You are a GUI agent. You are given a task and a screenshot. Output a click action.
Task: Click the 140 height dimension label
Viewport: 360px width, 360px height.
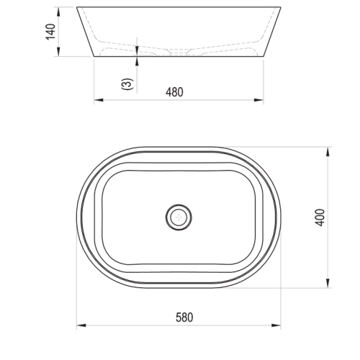[x=50, y=32]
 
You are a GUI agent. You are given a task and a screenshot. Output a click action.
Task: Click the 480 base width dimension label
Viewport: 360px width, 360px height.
[x=174, y=92]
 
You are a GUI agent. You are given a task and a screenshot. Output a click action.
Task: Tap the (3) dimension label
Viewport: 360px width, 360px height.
[x=127, y=84]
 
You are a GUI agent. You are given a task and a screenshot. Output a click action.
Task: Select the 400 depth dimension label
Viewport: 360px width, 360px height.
[x=320, y=217]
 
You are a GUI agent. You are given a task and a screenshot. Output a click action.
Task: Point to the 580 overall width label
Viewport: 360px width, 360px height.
[x=184, y=318]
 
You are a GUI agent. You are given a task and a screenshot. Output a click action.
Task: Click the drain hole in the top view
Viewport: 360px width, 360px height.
[x=179, y=217]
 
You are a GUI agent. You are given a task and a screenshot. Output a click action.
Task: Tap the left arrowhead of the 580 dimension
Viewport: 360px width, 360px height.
[x=81, y=325]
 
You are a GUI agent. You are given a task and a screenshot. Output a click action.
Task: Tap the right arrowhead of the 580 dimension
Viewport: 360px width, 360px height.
[x=276, y=325]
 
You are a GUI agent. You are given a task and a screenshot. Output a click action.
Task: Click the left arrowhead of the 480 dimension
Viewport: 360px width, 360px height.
[x=99, y=100]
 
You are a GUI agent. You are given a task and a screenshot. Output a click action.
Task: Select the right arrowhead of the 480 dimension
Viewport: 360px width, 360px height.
[x=258, y=100]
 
